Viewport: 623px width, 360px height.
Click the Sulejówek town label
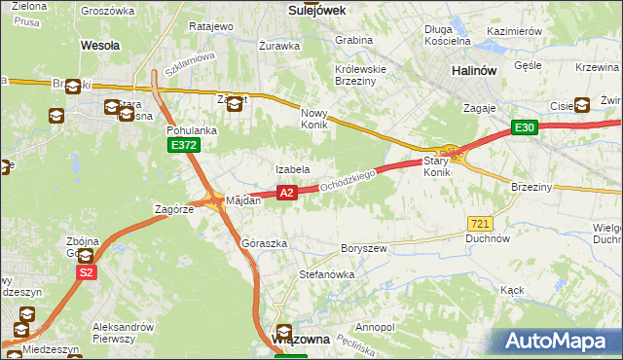tap(318, 9)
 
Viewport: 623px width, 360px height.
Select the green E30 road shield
tap(525, 128)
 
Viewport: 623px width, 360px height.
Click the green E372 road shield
tap(182, 145)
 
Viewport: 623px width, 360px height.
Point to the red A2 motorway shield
tap(286, 194)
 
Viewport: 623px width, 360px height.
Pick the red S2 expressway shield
tap(87, 273)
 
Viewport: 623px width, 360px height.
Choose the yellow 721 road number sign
tap(478, 223)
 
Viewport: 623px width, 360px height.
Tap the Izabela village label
tap(292, 169)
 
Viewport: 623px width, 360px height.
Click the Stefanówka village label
tap(326, 274)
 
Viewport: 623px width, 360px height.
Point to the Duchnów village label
tap(488, 237)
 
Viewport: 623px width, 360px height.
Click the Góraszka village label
tap(264, 243)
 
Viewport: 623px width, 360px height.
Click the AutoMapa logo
tap(559, 342)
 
